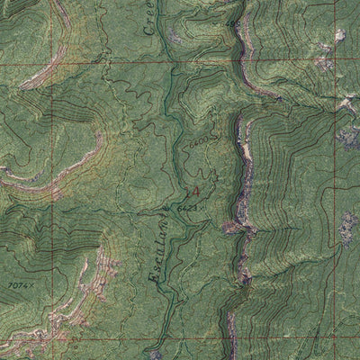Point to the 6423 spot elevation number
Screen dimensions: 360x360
[x=187, y=208]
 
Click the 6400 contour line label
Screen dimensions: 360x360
[x=199, y=141]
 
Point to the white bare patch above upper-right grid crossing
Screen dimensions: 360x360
[x=339, y=36]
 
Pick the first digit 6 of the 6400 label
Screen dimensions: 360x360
[x=192, y=142]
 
